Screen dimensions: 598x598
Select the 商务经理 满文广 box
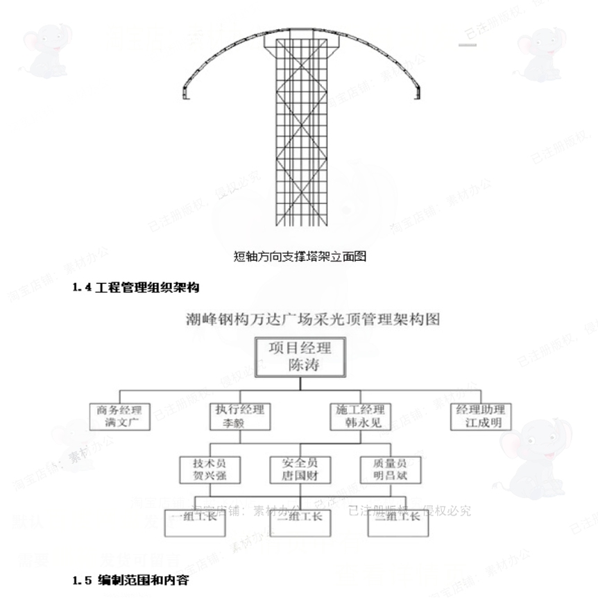tap(120, 416)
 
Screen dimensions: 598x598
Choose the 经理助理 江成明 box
tap(479, 416)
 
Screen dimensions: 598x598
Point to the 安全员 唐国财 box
tap(300, 470)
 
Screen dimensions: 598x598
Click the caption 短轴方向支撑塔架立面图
tap(300, 257)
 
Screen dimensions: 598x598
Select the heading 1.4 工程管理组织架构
tap(137, 287)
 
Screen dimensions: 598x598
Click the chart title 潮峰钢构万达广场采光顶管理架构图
tap(313, 320)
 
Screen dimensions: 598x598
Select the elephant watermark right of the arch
tap(541, 52)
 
